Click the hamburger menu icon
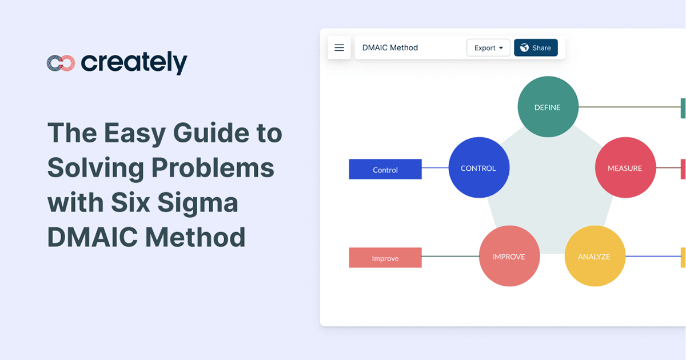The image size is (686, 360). pos(339,48)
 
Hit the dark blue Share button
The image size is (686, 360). pos(536,48)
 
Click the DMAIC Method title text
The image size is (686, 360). pos(390,48)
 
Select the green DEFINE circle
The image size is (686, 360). pos(547,107)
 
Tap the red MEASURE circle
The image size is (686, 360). pos(625,169)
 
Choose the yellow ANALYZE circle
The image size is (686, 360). pos(594,257)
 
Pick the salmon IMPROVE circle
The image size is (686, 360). pos(508,257)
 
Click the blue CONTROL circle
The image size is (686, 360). pos(478,169)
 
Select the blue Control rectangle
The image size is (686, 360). pos(385,169)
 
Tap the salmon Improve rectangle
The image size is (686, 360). pos(385,258)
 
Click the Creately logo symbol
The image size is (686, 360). pos(61,63)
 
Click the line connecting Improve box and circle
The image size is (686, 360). pos(450,257)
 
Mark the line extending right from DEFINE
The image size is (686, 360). pos(629,107)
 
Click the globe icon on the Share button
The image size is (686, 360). pos(524,48)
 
